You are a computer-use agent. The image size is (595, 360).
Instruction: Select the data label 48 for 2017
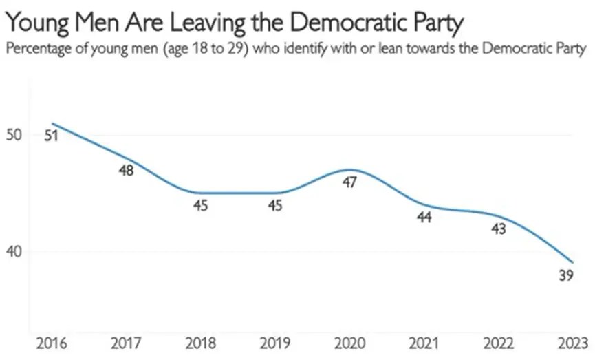127,171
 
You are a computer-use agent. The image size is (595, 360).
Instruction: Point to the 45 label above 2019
274,205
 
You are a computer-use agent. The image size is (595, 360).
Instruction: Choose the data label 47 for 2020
349,182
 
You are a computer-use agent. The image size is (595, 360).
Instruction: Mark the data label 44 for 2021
424,218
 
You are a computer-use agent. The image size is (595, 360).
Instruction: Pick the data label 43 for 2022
499,229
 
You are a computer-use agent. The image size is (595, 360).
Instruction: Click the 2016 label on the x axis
44,343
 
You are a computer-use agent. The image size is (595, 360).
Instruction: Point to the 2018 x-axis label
199,343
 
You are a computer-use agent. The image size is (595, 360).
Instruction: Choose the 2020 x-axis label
349,343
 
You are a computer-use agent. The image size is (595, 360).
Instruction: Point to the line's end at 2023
573,262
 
